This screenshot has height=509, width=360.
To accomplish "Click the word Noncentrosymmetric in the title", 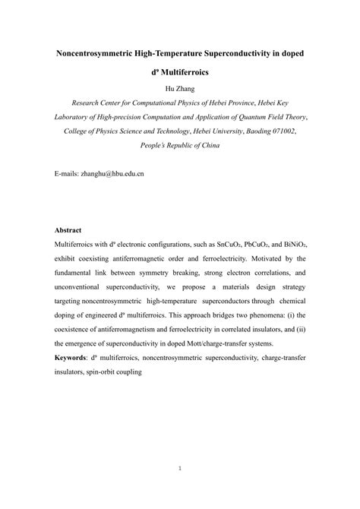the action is [101, 54].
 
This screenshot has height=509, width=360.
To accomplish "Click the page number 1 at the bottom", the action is [180, 468].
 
